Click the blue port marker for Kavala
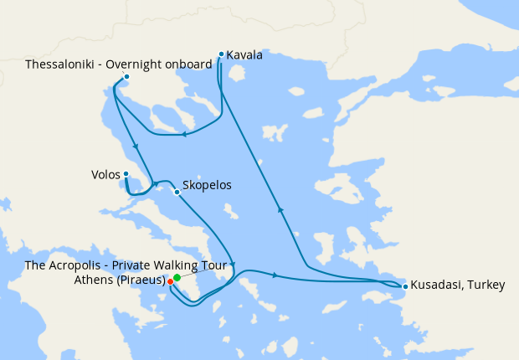(x=221, y=54)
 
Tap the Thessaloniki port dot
(x=126, y=78)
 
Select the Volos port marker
(x=126, y=174)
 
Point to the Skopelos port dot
(x=176, y=192)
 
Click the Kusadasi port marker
(x=405, y=287)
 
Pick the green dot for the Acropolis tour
(x=177, y=277)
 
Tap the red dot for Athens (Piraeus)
(x=170, y=281)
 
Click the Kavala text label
(x=244, y=55)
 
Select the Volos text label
(x=105, y=175)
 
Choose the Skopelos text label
(x=206, y=186)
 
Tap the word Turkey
(x=487, y=285)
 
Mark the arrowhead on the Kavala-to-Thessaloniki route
(x=183, y=134)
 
